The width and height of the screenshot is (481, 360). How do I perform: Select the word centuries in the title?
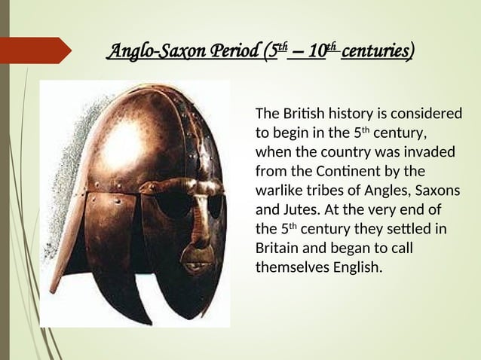[376, 52]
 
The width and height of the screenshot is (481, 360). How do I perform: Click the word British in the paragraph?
[300, 114]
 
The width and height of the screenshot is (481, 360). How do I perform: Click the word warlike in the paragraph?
[281, 190]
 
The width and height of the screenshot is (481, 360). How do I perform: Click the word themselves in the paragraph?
[289, 267]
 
